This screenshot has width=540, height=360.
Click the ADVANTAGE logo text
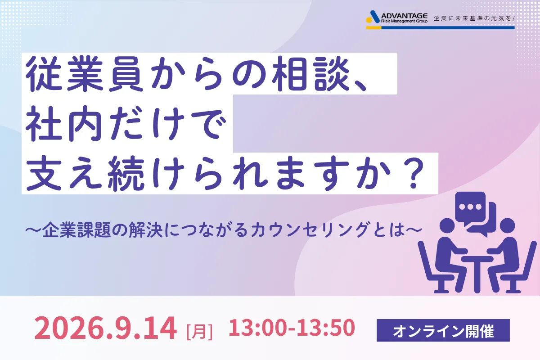404,16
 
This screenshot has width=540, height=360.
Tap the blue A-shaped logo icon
374,17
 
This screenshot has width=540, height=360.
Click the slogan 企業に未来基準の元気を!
474,18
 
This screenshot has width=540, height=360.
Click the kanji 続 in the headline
126,173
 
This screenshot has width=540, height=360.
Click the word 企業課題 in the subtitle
76,229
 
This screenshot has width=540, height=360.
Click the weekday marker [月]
200,332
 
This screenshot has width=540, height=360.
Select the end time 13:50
326,327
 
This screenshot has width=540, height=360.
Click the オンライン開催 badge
443,330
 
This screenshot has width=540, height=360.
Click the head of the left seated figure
447,226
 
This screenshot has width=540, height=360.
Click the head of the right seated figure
508,226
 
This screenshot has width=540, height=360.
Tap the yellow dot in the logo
369,20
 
